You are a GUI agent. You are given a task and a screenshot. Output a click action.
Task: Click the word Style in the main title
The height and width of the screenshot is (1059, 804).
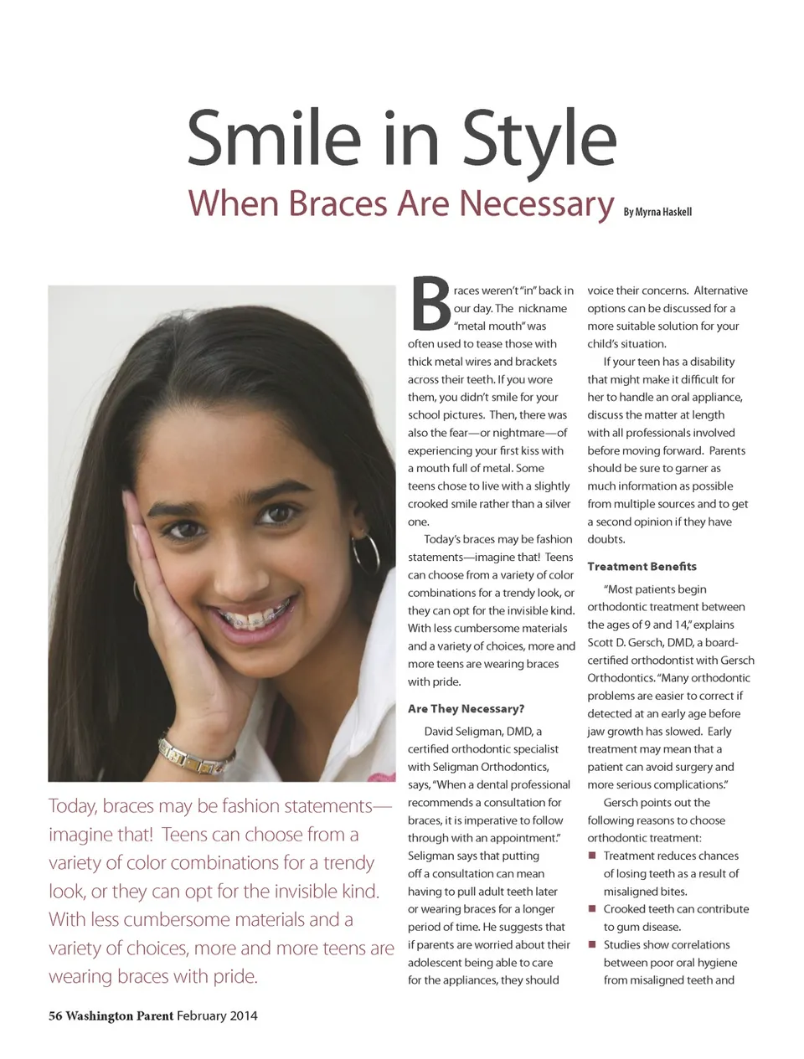539,139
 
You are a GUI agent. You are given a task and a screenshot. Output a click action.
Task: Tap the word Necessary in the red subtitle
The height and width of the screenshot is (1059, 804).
536,203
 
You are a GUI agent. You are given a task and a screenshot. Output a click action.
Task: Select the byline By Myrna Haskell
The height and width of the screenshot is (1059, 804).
657,212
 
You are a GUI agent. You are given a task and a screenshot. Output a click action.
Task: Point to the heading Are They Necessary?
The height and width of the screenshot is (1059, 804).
466,708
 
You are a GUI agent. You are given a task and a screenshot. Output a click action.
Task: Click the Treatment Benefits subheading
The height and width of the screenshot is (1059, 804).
642,567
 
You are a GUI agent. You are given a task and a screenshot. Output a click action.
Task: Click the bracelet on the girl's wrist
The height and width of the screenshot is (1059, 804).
196,753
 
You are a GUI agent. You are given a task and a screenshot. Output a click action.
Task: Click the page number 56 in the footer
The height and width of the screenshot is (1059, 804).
55,1015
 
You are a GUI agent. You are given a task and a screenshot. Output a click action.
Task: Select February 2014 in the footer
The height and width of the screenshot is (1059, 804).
217,1015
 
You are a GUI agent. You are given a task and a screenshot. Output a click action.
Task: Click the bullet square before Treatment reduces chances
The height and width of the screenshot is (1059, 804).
592,856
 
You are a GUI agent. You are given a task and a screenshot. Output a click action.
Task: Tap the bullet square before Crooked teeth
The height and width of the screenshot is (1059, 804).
592,908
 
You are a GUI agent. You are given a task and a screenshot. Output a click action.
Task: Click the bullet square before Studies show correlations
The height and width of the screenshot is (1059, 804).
592,944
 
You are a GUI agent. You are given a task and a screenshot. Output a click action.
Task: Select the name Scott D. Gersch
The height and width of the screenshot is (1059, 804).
629,642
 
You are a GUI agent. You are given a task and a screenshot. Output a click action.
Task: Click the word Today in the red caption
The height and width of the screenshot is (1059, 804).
71,806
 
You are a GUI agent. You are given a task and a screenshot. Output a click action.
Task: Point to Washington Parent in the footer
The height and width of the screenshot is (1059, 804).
119,1015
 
